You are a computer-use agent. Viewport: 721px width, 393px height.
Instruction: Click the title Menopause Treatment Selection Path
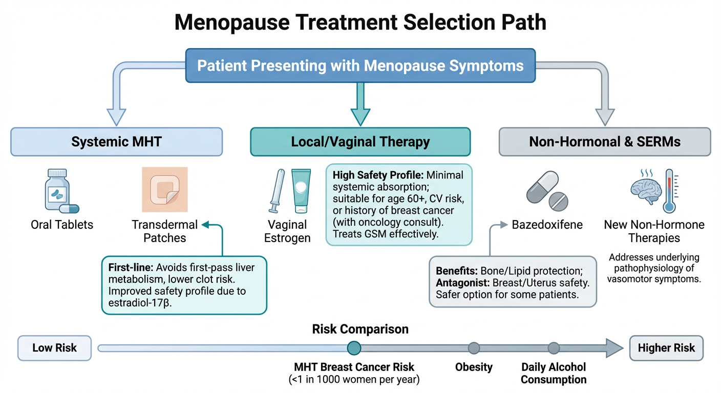pos(360,23)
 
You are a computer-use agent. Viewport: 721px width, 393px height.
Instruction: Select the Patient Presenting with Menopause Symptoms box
pos(360,65)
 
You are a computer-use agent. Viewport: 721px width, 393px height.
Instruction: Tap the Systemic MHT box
pos(117,142)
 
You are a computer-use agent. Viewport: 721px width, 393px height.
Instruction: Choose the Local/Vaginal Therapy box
pos(360,142)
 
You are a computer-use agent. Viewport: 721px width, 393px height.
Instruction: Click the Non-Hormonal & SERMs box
pos(605,142)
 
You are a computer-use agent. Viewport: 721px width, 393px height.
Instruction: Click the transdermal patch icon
pos(165,190)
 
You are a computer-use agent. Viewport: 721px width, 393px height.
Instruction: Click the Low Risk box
pos(54,348)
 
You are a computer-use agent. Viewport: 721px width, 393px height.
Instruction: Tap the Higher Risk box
pos(666,348)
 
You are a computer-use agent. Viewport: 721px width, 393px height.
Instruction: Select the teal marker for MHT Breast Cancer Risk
pos(354,348)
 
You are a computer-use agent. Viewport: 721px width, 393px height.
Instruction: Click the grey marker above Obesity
pos(474,348)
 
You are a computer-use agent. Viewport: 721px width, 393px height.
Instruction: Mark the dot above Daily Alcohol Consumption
pos(554,348)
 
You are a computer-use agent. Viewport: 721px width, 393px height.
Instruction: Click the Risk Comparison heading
pos(360,329)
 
